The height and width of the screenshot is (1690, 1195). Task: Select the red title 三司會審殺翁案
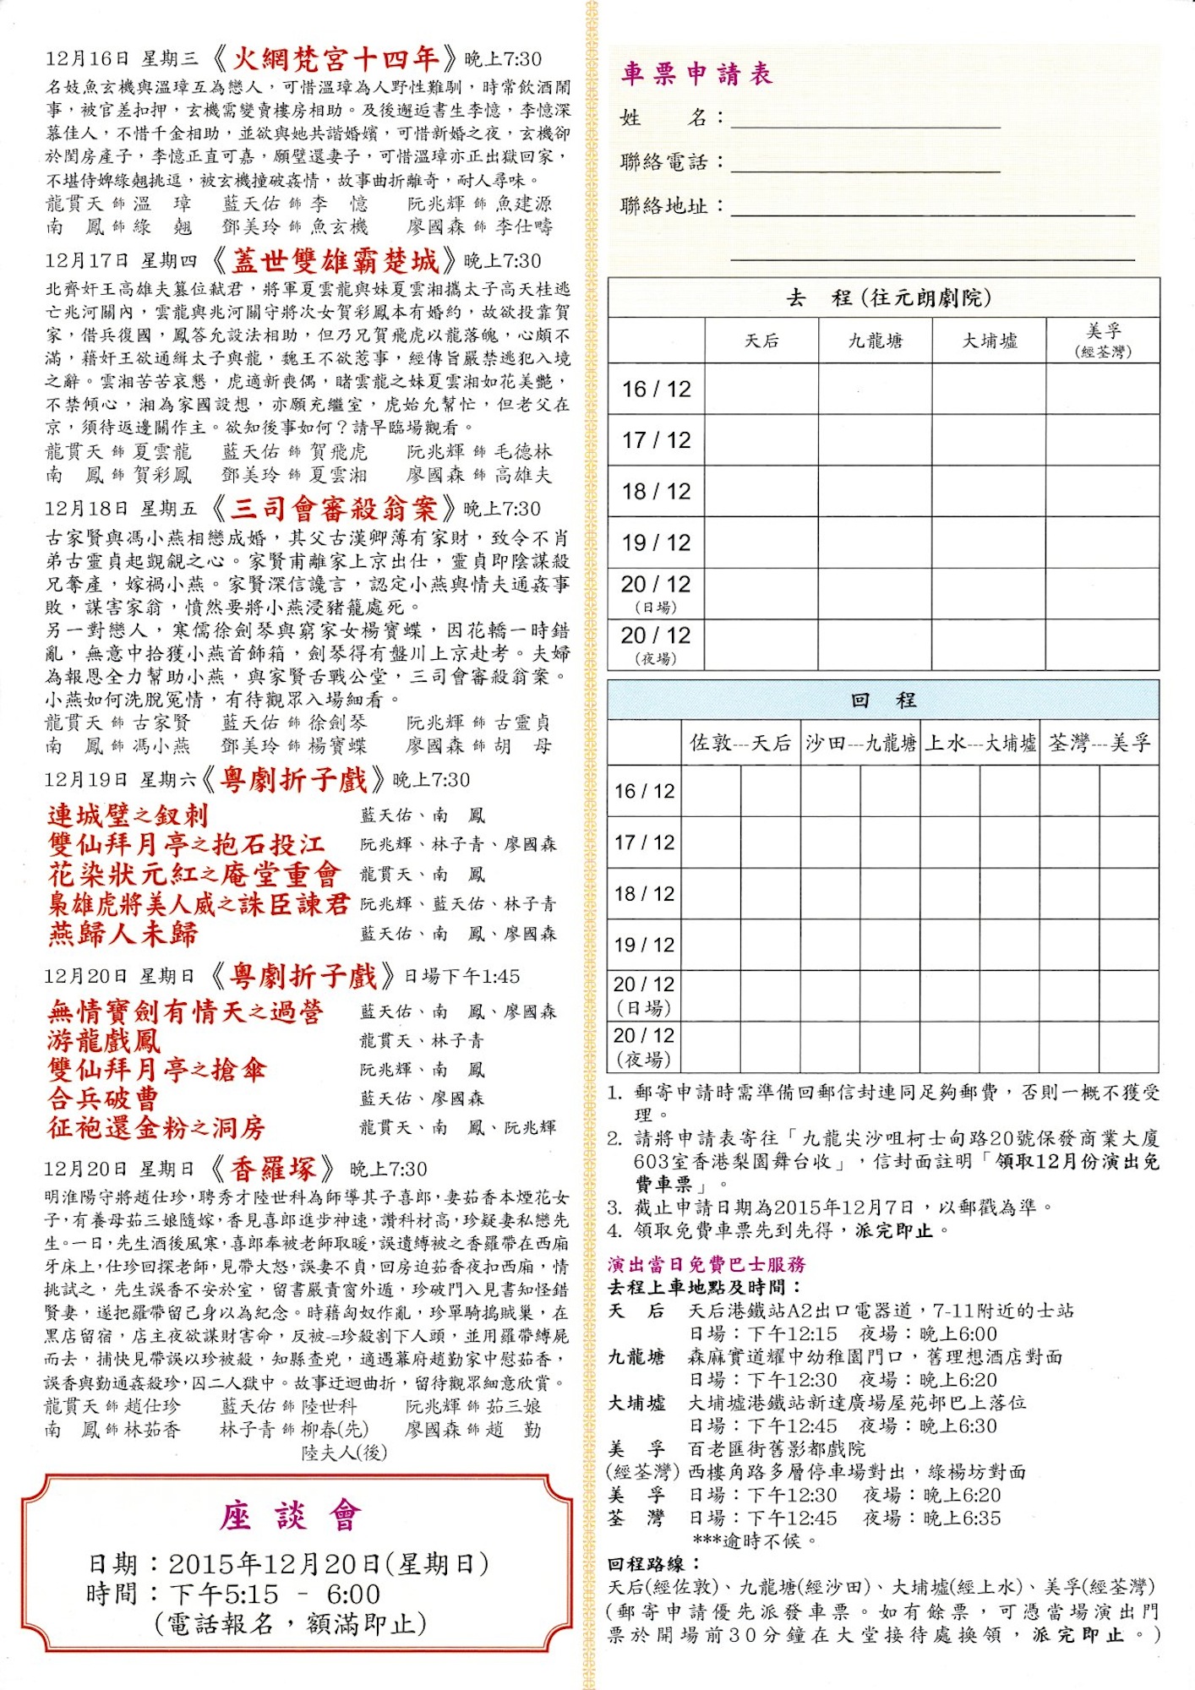pyautogui.click(x=334, y=508)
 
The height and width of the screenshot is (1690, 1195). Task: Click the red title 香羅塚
pyautogui.click(x=272, y=1169)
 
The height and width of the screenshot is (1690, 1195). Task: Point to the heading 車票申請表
pyautogui.click(x=697, y=74)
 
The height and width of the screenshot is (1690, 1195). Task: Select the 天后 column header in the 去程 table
pyautogui.click(x=761, y=341)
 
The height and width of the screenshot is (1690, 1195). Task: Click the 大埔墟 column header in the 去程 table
pyautogui.click(x=990, y=341)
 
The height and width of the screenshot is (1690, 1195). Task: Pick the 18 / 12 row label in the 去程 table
pyautogui.click(x=657, y=491)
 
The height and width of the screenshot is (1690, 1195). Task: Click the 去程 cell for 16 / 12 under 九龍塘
pyautogui.click(x=876, y=389)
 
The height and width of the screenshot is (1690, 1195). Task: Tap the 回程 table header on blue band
pyautogui.click(x=883, y=700)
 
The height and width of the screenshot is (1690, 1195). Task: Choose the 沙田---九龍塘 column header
pyautogui.click(x=860, y=743)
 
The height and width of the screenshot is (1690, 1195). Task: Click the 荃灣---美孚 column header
pyautogui.click(x=1099, y=743)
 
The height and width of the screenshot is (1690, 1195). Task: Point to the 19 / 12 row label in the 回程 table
pyautogui.click(x=644, y=945)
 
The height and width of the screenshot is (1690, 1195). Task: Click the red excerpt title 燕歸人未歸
pyautogui.click(x=123, y=934)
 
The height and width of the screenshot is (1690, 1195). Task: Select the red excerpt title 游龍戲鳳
pyautogui.click(x=104, y=1040)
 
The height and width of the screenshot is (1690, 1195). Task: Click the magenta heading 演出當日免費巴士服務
pyautogui.click(x=707, y=1264)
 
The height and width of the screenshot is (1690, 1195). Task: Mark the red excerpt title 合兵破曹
pyautogui.click(x=103, y=1098)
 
